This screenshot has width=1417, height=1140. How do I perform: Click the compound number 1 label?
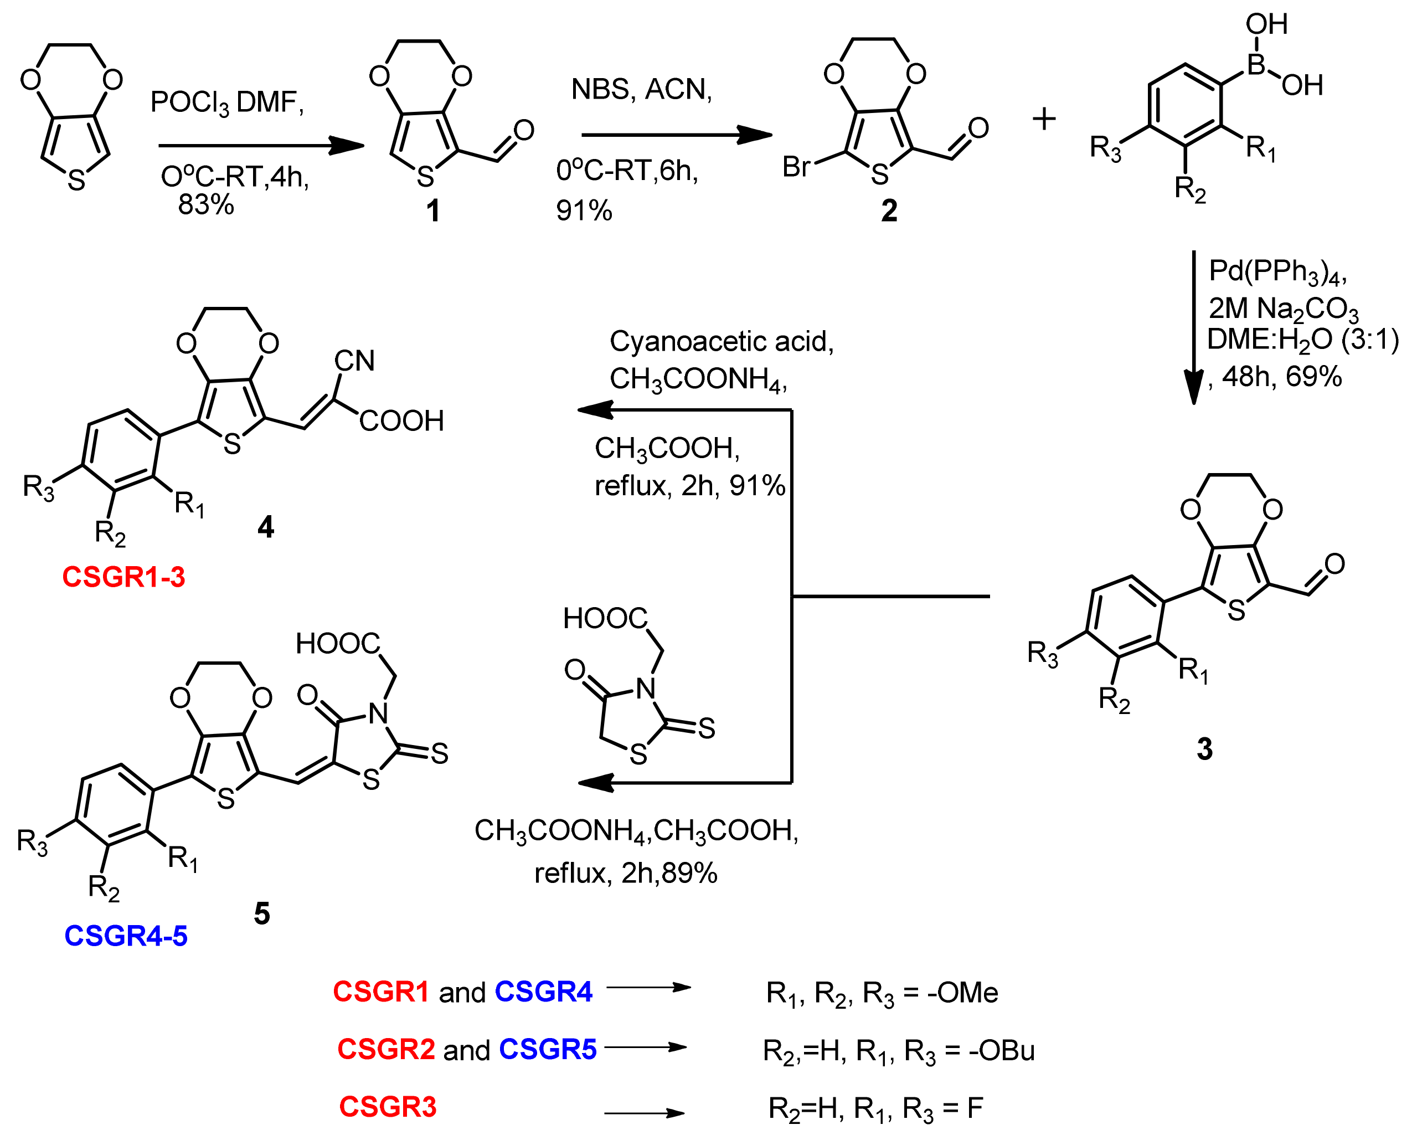(432, 211)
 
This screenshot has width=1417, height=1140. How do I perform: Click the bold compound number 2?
(889, 211)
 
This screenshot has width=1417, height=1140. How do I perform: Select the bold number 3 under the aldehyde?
(1204, 749)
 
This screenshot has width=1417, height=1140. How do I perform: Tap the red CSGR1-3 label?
(123, 577)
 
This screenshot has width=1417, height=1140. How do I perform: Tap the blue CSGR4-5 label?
(126, 936)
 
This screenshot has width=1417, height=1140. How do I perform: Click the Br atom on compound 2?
(796, 167)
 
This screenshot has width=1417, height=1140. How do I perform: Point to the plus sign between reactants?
(1044, 120)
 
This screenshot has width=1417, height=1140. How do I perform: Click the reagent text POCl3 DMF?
(226, 102)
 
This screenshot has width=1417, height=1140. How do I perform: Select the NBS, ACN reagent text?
(641, 89)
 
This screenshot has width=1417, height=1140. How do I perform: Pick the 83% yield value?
(206, 205)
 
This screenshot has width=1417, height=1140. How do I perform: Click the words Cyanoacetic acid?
(721, 341)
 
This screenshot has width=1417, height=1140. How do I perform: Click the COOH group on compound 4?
(401, 421)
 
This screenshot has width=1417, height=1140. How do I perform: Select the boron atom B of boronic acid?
(1256, 64)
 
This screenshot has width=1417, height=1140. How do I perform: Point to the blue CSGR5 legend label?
(548, 1049)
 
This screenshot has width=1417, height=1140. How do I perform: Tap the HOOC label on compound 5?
(337, 644)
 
